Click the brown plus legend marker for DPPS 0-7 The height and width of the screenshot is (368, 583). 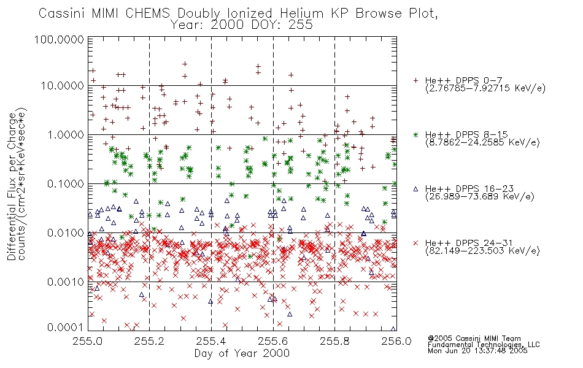pos(416,81)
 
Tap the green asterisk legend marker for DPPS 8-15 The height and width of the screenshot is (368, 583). pos(416,134)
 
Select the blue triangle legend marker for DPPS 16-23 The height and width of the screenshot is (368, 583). pos(416,188)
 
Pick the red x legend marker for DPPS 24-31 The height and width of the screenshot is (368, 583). pos(416,242)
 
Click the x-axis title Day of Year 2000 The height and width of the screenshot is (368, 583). pos(242,353)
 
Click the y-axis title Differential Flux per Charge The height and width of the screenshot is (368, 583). pos(12,183)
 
